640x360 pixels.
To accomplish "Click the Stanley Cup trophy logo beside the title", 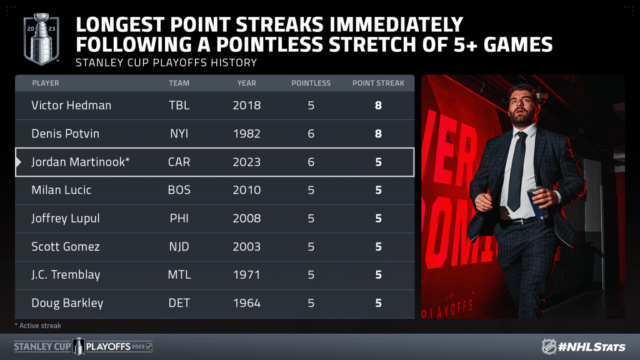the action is tap(41, 39).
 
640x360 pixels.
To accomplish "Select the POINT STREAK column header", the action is tap(378, 83).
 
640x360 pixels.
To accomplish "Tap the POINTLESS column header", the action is tap(311, 83).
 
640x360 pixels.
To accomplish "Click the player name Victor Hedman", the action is tap(71, 105).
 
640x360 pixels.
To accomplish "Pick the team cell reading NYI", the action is tap(179, 134).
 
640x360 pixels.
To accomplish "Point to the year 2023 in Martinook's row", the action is tap(246, 162).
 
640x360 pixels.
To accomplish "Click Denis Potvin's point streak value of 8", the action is tap(378, 134).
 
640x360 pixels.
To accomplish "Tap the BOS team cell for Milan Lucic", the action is tap(179, 190).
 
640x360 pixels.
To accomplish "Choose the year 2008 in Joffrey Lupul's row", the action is tap(246, 218).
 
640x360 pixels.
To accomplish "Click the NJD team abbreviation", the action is tap(179, 246).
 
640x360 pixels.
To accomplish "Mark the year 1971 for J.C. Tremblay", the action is tap(246, 275).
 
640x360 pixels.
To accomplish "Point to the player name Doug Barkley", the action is tap(67, 303).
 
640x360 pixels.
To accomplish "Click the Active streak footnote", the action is tap(38, 326).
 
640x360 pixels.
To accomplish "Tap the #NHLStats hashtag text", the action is tap(591, 347).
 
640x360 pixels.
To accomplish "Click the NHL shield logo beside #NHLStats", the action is tap(549, 346).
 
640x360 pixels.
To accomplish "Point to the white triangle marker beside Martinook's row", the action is tap(18, 162).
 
